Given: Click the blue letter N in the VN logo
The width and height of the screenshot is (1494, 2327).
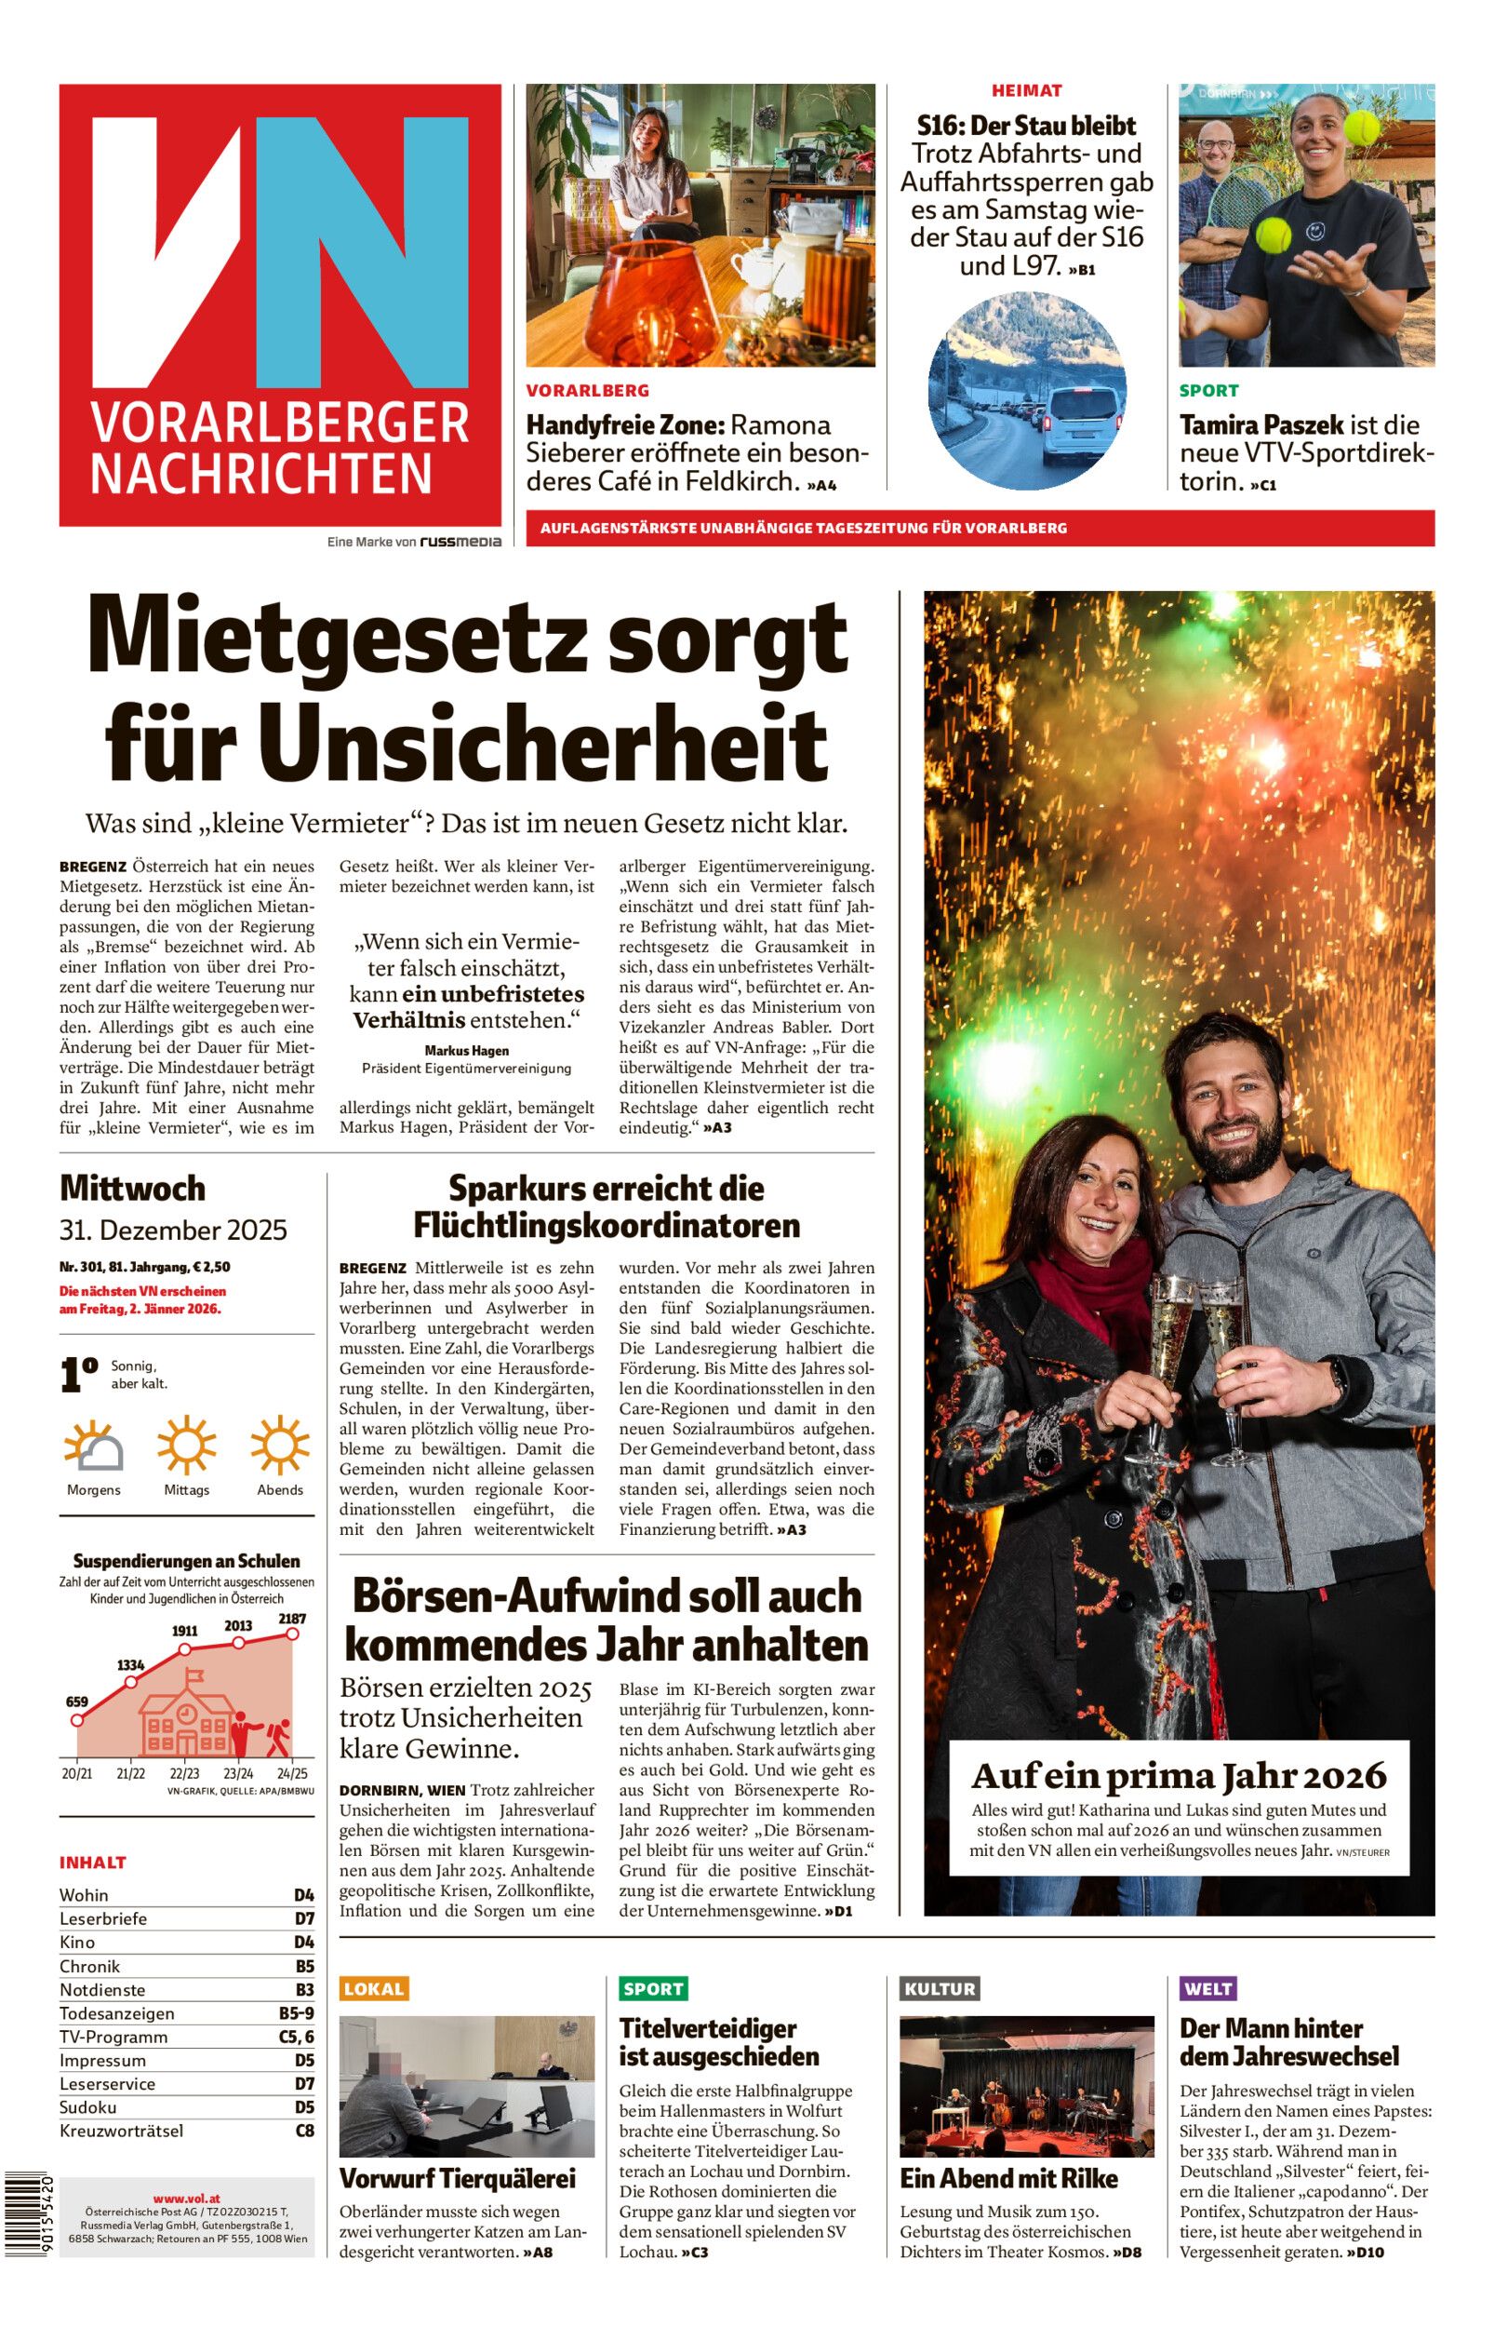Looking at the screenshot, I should coord(349,252).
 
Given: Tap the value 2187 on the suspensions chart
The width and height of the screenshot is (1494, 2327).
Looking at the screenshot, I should coord(292,1618).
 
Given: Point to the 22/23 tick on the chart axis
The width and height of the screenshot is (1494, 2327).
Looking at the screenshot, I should coord(184,1773).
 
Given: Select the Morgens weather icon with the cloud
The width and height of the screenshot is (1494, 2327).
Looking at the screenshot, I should coord(94,1446).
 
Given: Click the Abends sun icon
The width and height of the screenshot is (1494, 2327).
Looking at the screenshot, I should coord(279,1444).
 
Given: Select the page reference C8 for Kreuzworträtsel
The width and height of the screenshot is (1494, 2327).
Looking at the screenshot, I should coord(304,2131).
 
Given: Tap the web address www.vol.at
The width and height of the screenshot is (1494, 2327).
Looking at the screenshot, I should coord(186,2198).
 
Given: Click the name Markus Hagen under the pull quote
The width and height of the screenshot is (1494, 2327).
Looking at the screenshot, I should coord(466,1050).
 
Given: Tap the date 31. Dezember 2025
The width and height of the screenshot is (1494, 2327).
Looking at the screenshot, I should coord(173,1230).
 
